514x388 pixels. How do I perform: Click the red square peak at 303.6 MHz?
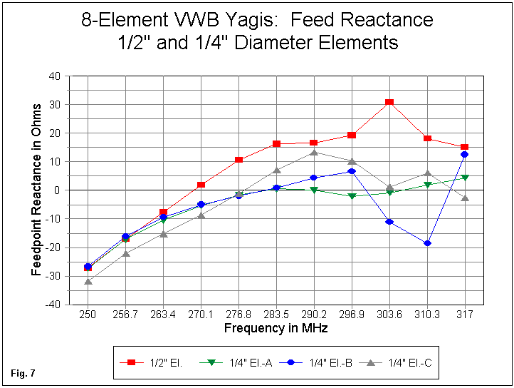(389, 102)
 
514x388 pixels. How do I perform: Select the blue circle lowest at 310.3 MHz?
(427, 243)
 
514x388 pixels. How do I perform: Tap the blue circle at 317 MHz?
(465, 154)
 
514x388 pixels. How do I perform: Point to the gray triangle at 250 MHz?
(88, 282)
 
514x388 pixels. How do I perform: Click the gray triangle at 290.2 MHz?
(314, 152)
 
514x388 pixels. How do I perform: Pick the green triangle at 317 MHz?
(465, 178)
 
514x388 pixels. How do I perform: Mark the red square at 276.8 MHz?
(238, 160)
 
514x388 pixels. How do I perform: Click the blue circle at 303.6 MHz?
(389, 222)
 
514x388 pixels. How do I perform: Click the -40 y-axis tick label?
(53, 305)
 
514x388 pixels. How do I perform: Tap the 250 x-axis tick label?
(88, 315)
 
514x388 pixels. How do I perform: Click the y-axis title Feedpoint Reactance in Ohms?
(36, 191)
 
